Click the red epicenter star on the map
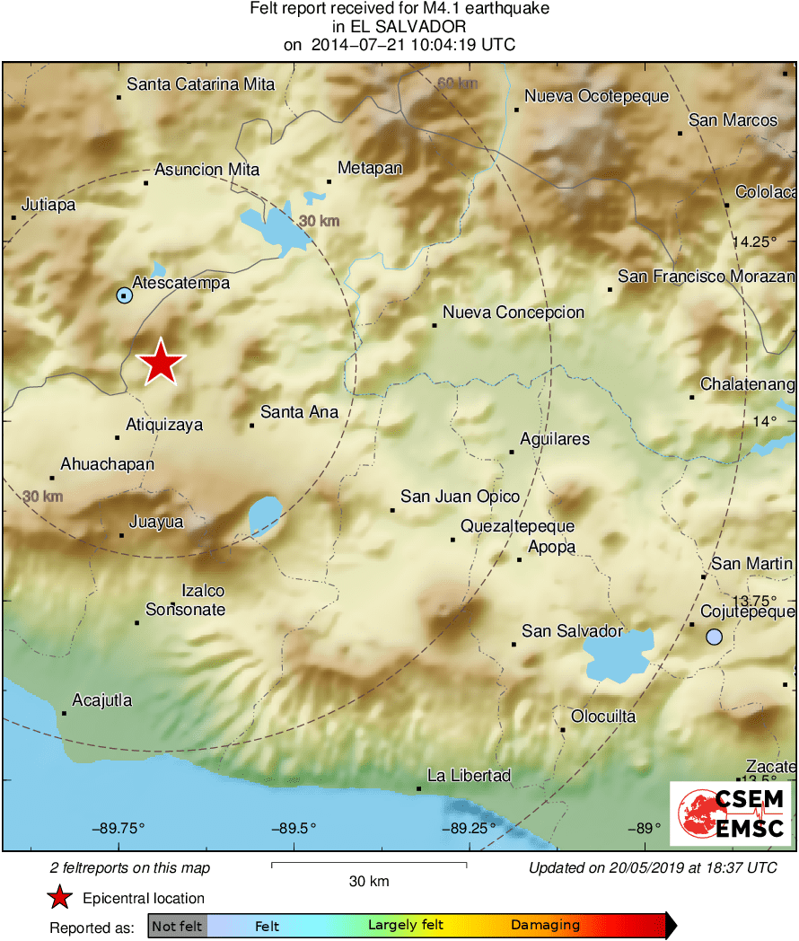click(161, 362)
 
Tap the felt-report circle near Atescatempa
click(125, 295)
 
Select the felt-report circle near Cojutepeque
click(714, 637)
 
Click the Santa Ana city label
click(299, 412)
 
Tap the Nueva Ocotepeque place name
click(596, 96)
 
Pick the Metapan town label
click(369, 168)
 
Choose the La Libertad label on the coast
click(469, 775)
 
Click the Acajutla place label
click(102, 699)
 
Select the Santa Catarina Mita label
click(200, 84)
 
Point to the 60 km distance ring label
click(457, 84)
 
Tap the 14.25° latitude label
click(752, 242)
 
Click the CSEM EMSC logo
click(731, 813)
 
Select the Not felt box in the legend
click(177, 926)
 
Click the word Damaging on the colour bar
click(545, 926)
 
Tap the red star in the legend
click(60, 898)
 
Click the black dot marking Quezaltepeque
click(452, 540)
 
